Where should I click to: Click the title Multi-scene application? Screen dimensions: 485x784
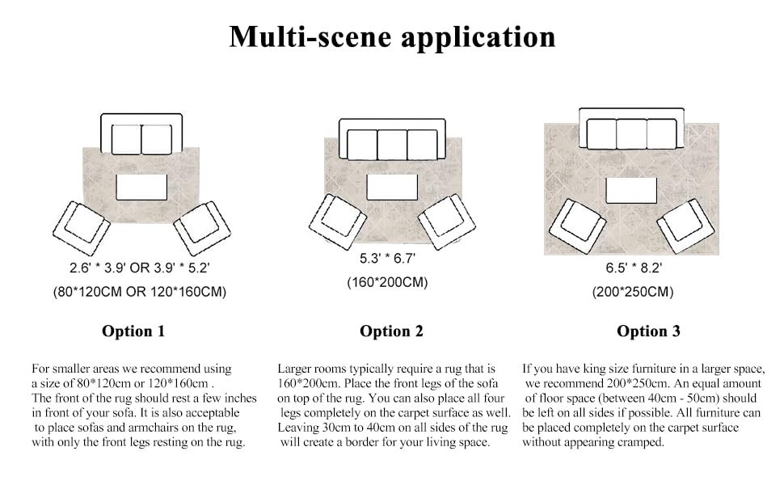click(392, 37)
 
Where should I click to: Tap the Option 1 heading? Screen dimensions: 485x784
click(133, 331)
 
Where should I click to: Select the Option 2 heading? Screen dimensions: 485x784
click(391, 331)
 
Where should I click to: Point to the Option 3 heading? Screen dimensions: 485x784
click(648, 331)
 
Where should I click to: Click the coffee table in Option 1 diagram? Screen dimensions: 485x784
click(141, 187)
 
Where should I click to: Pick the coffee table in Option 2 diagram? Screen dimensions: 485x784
click(392, 187)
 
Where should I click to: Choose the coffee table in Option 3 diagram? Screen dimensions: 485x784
click(631, 191)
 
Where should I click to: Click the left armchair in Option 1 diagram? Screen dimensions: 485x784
click(81, 229)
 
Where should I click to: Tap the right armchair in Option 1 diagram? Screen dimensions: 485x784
click(202, 228)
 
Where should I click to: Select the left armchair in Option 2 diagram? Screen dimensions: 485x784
click(338, 221)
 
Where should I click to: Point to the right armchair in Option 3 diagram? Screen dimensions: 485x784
click(685, 226)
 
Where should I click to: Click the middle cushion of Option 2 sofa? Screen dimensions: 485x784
click(392, 145)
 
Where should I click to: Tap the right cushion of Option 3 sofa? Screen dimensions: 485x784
click(661, 134)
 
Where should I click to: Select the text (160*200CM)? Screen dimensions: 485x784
click(387, 283)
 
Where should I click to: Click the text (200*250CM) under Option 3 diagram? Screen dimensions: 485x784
click(633, 292)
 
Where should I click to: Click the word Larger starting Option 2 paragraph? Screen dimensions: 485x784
click(296, 369)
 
